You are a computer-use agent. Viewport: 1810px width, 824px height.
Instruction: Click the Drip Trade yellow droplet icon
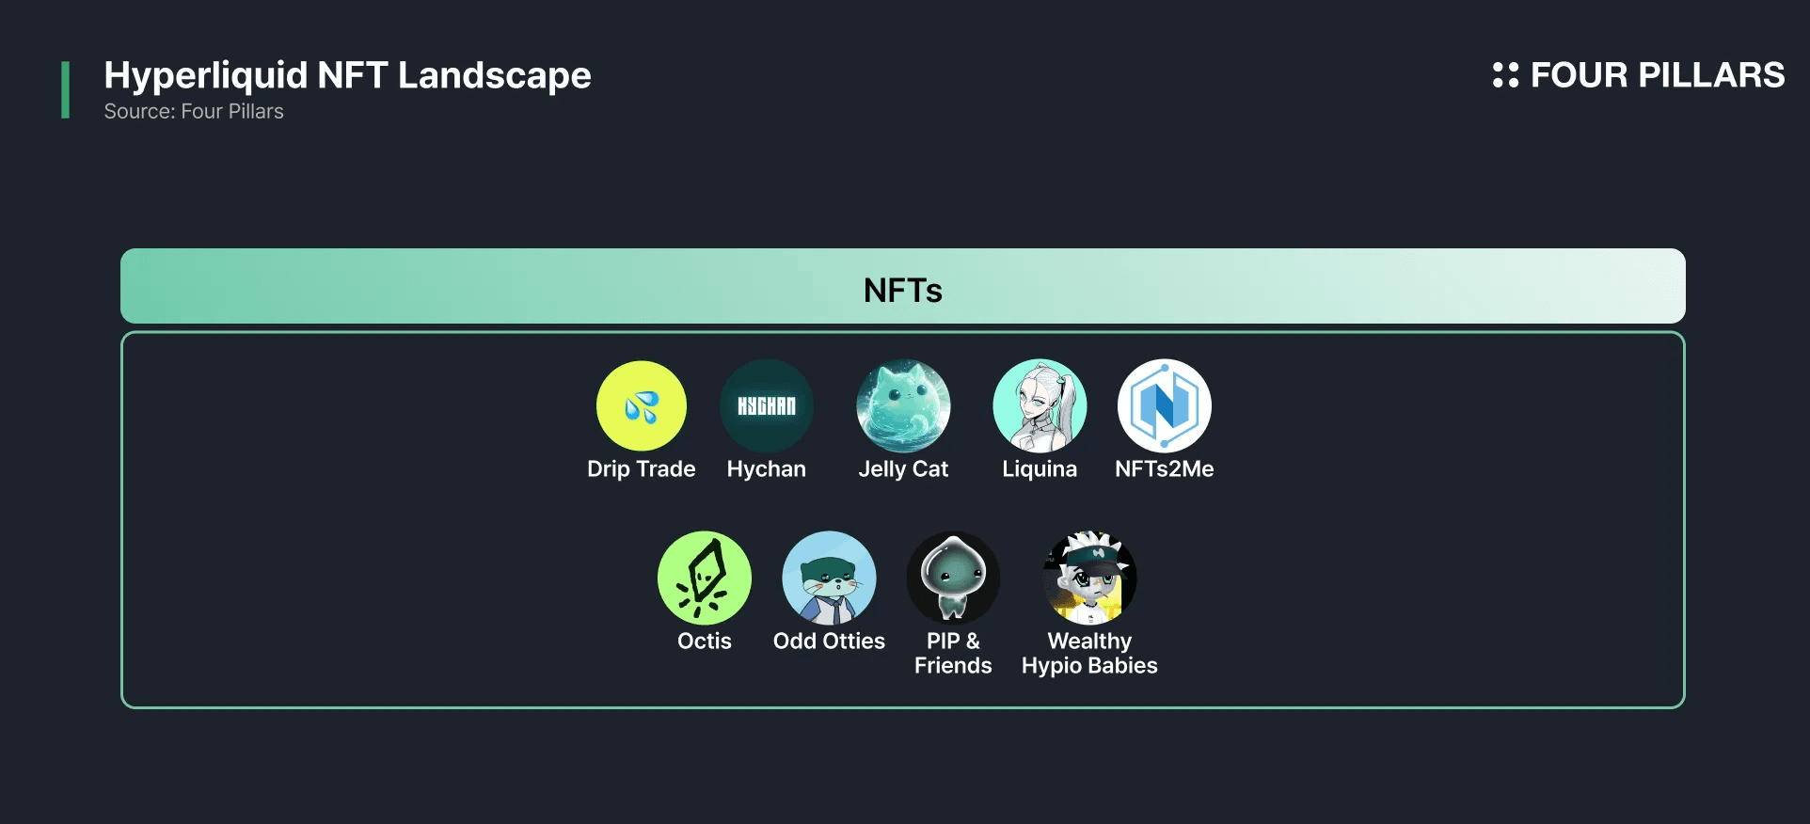(x=642, y=406)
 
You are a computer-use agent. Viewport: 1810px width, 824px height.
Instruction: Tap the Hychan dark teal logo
(x=767, y=406)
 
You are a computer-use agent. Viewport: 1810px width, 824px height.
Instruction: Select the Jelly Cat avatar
(x=903, y=406)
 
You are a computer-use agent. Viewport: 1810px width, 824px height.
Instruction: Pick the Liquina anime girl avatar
(x=1040, y=406)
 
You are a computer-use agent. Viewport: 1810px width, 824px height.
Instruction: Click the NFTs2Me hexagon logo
(x=1165, y=406)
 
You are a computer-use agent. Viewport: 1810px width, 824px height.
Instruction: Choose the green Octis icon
(x=705, y=578)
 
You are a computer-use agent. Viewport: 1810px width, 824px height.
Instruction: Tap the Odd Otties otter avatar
(x=829, y=578)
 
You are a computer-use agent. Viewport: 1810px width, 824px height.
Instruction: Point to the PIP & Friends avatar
(x=953, y=578)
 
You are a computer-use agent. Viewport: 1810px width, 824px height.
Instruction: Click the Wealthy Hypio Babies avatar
(x=1089, y=578)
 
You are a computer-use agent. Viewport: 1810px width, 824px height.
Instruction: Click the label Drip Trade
(x=642, y=468)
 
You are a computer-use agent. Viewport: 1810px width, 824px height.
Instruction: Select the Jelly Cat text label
(x=903, y=468)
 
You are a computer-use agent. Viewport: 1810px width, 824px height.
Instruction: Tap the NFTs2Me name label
(x=1165, y=468)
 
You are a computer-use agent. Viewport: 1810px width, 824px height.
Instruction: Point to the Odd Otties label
(x=829, y=641)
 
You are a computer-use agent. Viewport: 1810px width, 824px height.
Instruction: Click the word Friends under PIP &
(x=953, y=665)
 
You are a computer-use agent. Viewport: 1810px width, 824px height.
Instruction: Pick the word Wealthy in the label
(x=1089, y=641)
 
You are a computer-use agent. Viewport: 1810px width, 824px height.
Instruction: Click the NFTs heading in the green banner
(x=903, y=290)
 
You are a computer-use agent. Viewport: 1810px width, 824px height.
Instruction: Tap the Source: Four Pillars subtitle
(x=194, y=111)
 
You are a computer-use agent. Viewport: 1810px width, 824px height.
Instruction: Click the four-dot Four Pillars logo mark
(x=1505, y=75)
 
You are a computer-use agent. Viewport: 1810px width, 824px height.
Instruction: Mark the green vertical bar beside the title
(x=65, y=90)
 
